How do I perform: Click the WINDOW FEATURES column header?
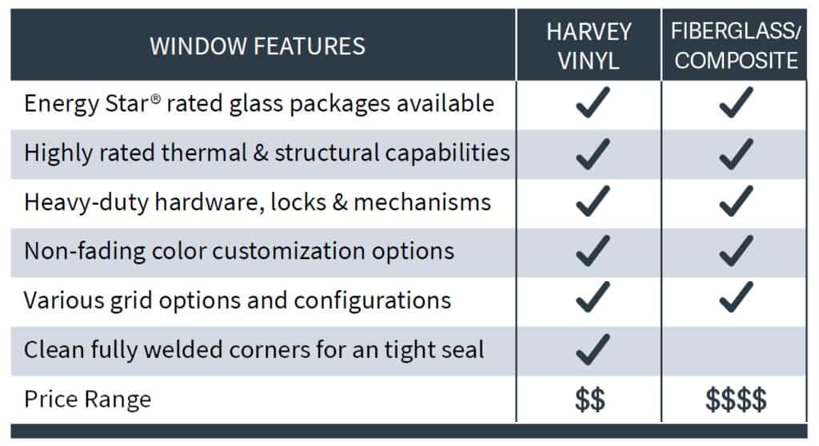coord(258,46)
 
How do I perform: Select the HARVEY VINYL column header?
coord(589,46)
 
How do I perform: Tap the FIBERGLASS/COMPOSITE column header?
coord(736,46)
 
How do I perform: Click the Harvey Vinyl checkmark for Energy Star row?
coord(593,102)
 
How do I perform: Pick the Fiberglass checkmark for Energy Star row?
coord(736,102)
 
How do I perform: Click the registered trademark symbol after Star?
coord(156,98)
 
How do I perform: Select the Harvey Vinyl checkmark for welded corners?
coord(593,348)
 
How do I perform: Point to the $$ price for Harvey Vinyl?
coord(589,400)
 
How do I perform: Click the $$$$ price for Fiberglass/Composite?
coord(736,400)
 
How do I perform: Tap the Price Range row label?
coord(88,400)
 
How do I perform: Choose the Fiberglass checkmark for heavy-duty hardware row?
coord(736,201)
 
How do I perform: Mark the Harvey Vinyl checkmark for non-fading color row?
coord(593,251)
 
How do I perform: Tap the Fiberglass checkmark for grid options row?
coord(736,297)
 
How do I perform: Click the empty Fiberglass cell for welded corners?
coord(734,351)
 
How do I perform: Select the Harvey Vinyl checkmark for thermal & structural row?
coord(593,153)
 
